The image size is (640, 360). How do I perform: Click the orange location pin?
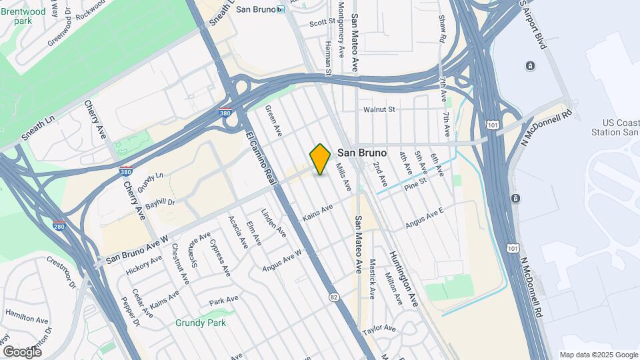coord(320,159)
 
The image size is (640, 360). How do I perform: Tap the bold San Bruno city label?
coord(362,153)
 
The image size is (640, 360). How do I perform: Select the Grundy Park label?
coord(201,323)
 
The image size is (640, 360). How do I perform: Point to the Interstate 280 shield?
coord(59,227)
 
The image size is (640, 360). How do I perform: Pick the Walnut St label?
coord(379,109)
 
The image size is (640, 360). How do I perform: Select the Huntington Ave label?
coord(404,278)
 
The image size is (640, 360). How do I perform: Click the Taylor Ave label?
coord(379,330)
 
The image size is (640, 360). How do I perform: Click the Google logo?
coord(22,351)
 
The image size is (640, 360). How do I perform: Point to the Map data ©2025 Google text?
coord(598,355)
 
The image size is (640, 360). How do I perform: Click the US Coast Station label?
coord(620,127)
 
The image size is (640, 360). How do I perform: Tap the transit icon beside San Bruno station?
coord(281,9)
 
